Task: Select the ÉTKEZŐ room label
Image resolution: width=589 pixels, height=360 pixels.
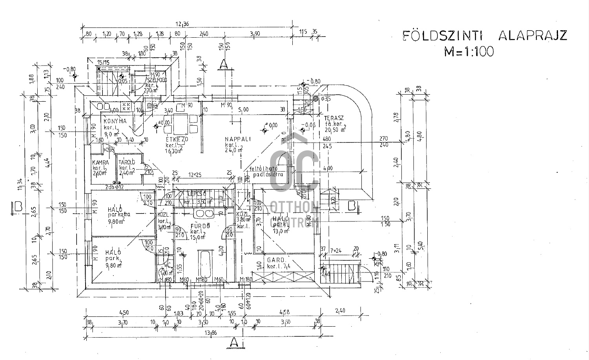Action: click(177, 139)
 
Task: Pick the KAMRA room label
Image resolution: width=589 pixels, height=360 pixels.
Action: click(100, 162)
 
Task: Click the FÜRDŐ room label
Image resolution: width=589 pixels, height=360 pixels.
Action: click(200, 226)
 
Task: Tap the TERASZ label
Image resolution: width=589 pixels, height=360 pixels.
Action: click(334, 118)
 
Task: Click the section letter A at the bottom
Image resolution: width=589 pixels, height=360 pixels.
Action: click(234, 342)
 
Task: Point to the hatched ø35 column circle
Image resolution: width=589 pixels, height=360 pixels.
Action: click(316, 99)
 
